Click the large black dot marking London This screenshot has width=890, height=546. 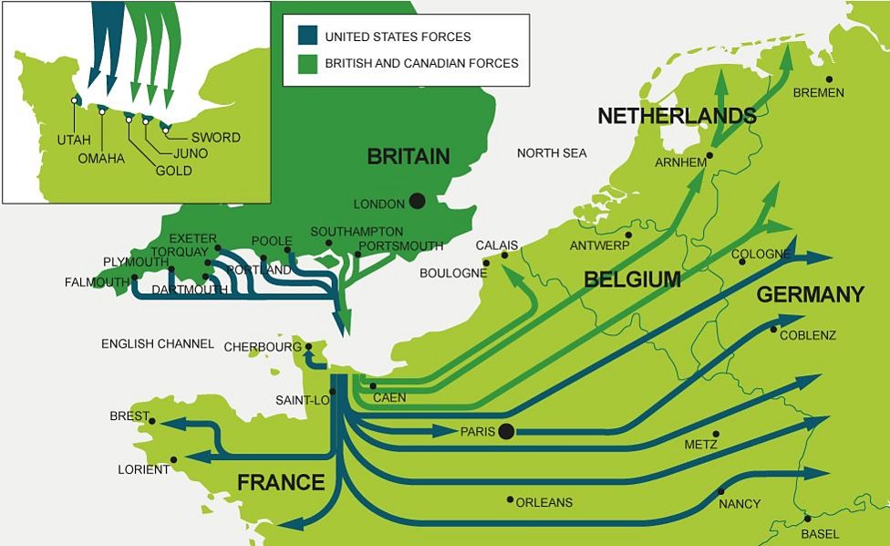tap(417, 201)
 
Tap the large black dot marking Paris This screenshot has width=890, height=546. tap(507, 431)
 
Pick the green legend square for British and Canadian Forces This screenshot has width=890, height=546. tap(307, 62)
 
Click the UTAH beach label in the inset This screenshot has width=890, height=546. tap(74, 140)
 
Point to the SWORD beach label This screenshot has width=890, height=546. tap(216, 137)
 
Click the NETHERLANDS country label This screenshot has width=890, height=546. tap(677, 116)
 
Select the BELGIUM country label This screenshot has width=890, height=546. tap(633, 279)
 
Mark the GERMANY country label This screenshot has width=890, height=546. tap(810, 294)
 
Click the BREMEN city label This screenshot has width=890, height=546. tap(818, 92)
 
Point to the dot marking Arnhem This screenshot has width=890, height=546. tap(709, 155)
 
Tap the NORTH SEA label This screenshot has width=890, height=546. tap(552, 152)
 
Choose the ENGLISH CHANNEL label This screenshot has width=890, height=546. tap(158, 344)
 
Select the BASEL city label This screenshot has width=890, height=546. tap(820, 533)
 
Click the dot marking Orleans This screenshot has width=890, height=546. tap(509, 499)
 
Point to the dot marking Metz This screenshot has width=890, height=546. tap(716, 434)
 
